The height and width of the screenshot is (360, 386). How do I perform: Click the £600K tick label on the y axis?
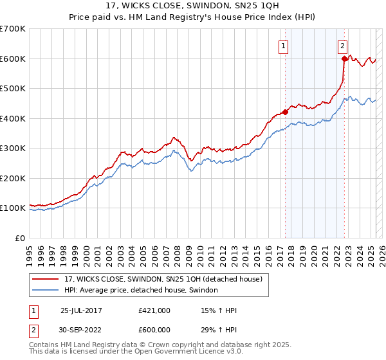pos(13,59)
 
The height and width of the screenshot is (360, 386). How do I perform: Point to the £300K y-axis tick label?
pos(13,148)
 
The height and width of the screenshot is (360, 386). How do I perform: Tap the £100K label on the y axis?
pos(13,208)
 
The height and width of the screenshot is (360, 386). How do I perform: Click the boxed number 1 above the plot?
pos(284,46)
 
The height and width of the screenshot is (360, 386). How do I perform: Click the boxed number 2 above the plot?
pos(343,46)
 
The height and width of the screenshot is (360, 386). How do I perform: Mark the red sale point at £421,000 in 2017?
pos(285,112)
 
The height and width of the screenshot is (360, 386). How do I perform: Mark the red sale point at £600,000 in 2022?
pos(344,59)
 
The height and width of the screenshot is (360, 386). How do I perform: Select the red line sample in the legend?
pos(46,280)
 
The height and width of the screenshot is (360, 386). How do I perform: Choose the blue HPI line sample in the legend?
pos(46,291)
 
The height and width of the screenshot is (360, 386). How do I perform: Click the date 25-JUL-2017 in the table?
pos(82,310)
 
